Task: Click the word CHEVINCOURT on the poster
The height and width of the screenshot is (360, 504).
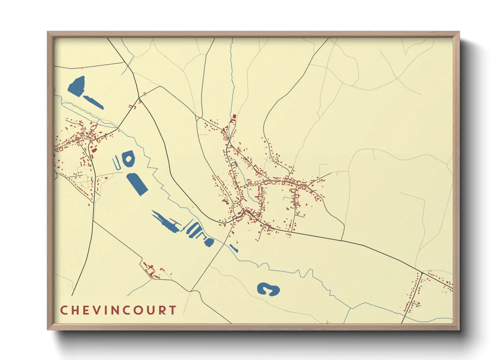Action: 118,310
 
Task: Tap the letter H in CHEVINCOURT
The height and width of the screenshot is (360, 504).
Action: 75,310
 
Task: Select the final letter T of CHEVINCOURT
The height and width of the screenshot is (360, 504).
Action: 173,310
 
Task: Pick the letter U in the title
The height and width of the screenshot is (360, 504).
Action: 151,310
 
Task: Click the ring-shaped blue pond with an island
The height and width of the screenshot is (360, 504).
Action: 129,159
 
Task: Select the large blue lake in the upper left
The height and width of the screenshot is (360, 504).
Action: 77,86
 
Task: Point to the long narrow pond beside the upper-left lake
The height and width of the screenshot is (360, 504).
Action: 93,102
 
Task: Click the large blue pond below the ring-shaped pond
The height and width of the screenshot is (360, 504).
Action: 137,184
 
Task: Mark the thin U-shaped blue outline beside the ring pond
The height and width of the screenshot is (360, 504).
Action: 117,163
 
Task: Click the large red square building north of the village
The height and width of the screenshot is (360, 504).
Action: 234,116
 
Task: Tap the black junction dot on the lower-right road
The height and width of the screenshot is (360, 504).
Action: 422,273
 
